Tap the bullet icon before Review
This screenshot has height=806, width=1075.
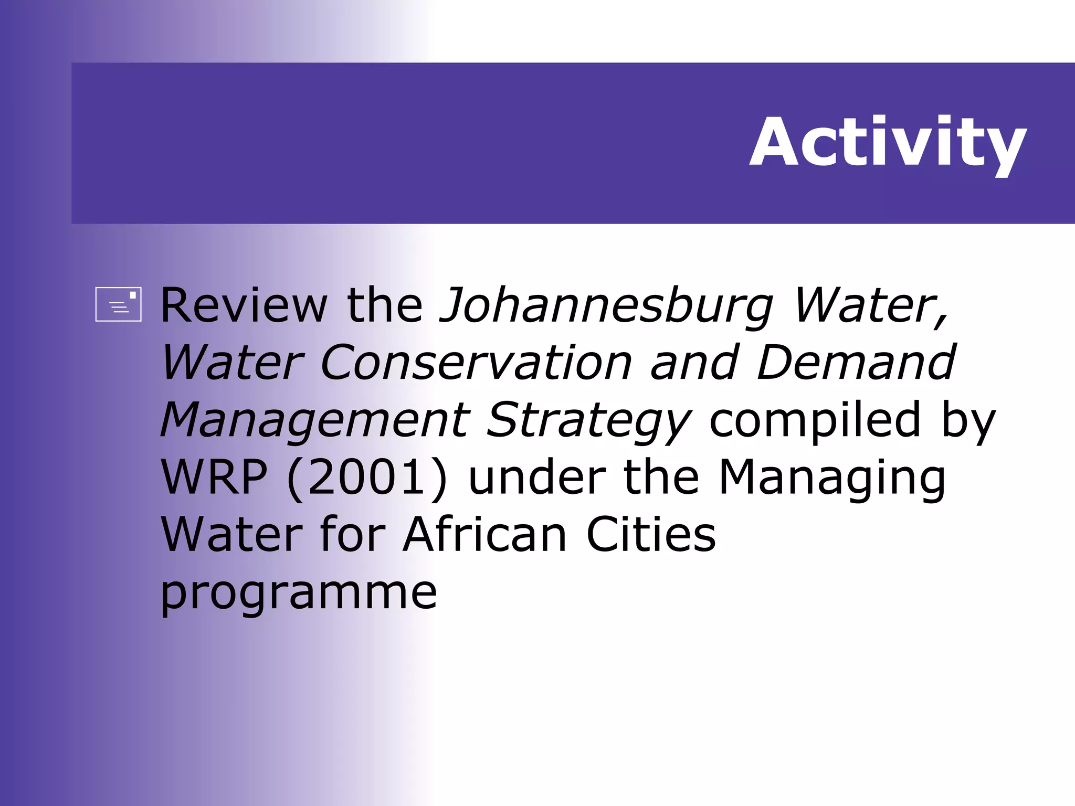pos(118,304)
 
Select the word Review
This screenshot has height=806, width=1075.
pos(244,305)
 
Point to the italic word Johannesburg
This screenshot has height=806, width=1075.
pos(606,306)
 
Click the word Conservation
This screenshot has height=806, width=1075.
pos(476,363)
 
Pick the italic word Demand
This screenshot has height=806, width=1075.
pos(856,363)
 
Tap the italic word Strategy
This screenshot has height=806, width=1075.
pos(589,421)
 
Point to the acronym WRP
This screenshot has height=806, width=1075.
pos(214,477)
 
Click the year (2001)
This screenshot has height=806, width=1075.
pos(367,477)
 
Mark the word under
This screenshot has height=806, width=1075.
pos(536,477)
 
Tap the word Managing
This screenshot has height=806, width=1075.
pos(831,478)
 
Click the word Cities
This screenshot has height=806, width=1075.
pos(651,535)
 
